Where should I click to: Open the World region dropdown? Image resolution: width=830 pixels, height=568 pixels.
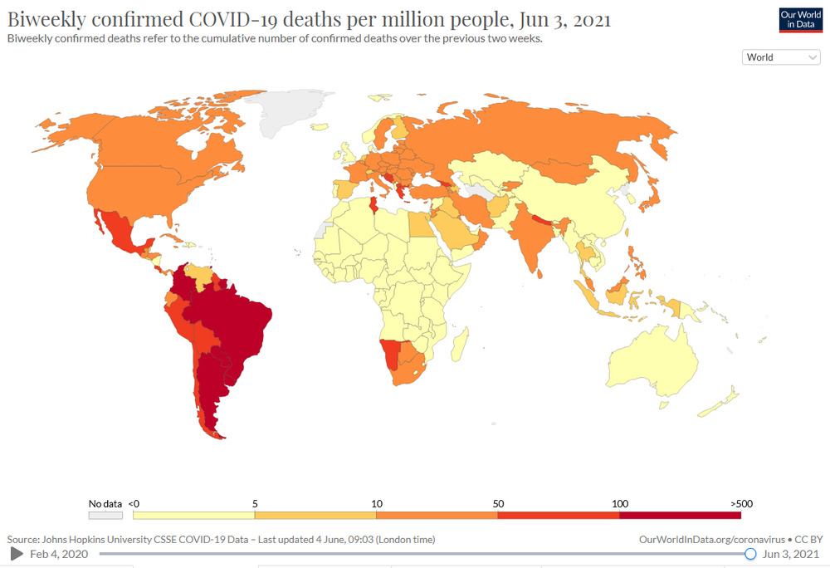781,57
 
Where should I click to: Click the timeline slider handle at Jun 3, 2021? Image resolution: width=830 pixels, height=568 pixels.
750,553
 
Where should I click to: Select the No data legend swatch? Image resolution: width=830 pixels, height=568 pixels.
105,515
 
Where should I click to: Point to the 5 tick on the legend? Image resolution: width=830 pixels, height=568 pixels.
255,503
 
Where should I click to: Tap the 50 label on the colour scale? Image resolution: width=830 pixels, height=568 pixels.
498,503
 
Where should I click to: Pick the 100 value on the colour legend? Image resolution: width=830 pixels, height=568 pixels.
619,503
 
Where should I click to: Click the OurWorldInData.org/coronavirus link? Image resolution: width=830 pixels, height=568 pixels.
711,540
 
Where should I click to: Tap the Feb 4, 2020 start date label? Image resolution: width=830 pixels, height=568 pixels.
58,553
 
